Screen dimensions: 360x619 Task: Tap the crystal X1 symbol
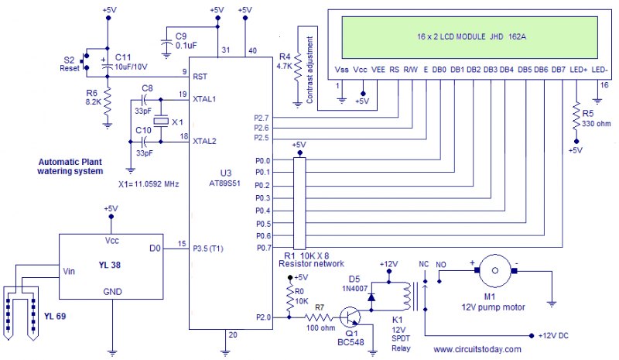(x=159, y=121)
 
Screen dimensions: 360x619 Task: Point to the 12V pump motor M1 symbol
(x=492, y=271)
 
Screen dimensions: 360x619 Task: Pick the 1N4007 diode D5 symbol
(x=373, y=295)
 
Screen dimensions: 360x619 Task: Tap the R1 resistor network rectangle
(x=299, y=202)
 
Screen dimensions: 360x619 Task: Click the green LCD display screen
(x=463, y=36)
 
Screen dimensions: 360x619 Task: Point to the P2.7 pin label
(x=262, y=117)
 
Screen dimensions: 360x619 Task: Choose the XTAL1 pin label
(x=203, y=99)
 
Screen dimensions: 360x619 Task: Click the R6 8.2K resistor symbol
(x=108, y=98)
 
